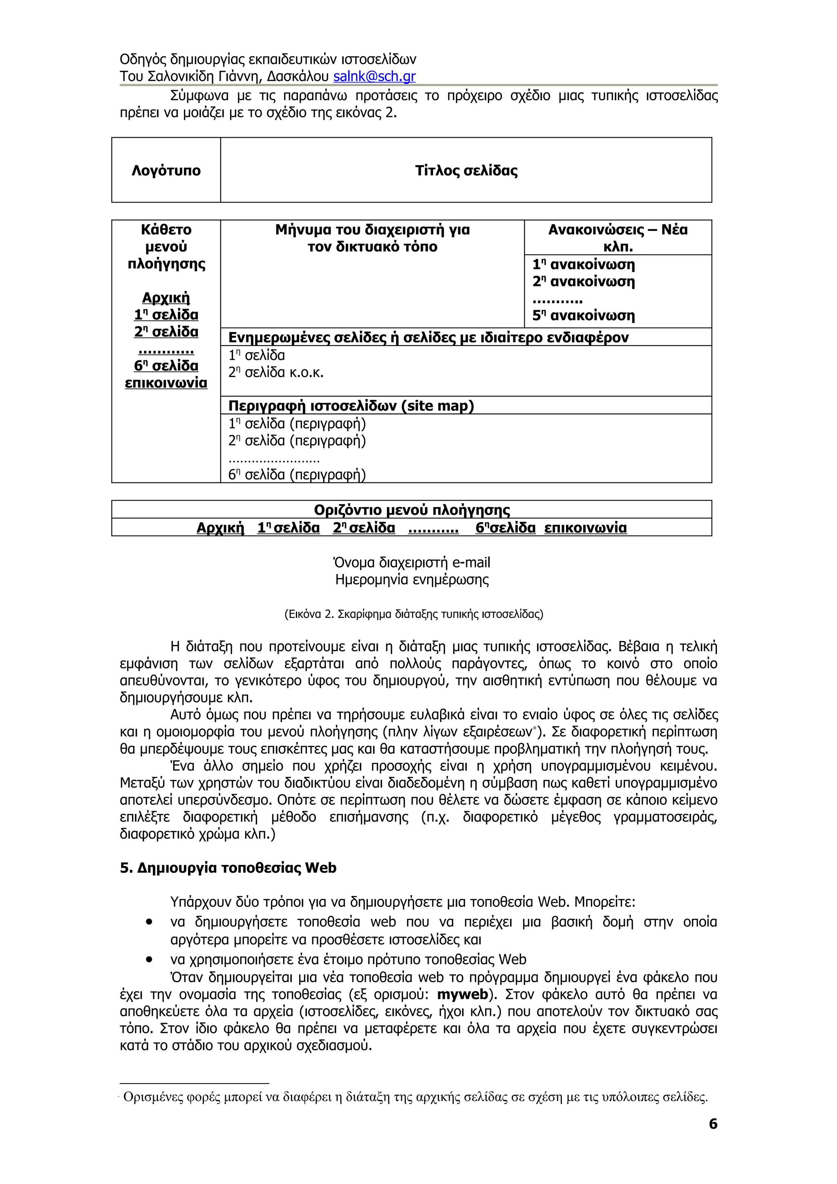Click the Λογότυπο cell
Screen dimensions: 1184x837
pyautogui.click(x=166, y=170)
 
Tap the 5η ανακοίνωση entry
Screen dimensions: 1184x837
pyautogui.click(x=583, y=315)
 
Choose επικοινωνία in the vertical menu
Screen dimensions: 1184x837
pyautogui.click(x=166, y=383)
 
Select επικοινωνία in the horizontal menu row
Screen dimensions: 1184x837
pyautogui.click(x=585, y=527)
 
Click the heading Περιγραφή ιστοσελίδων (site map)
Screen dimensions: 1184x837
pyautogui.click(x=351, y=406)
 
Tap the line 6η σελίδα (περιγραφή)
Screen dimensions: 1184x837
pyautogui.click(x=297, y=474)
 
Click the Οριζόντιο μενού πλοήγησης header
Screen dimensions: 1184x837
pyautogui.click(x=412, y=509)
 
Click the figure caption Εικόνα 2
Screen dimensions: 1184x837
pyautogui.click(x=413, y=614)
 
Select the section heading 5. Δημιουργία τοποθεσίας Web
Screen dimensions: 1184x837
pyautogui.click(x=228, y=868)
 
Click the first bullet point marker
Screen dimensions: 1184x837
pyautogui.click(x=149, y=921)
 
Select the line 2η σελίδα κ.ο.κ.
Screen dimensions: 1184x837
pyautogui.click(x=276, y=372)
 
